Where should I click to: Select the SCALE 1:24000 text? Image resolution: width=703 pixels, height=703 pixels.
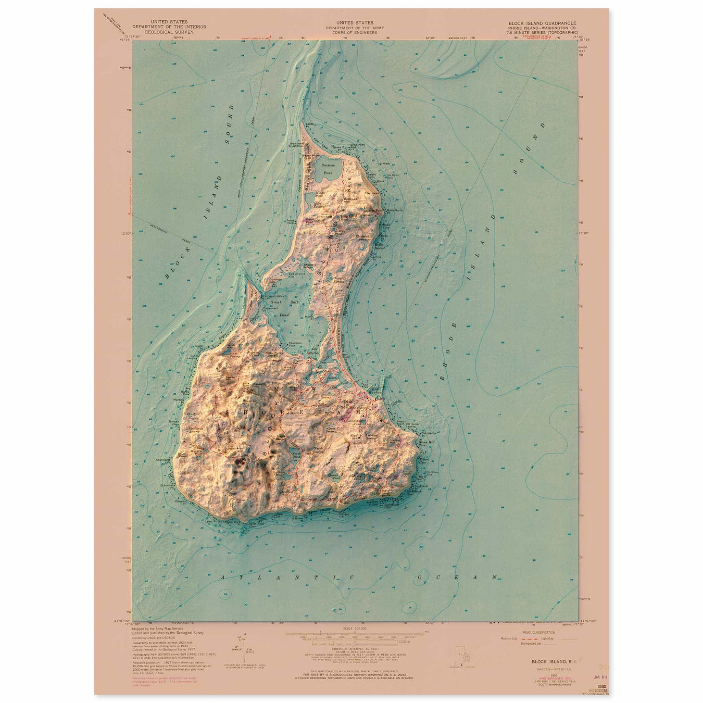352,630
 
